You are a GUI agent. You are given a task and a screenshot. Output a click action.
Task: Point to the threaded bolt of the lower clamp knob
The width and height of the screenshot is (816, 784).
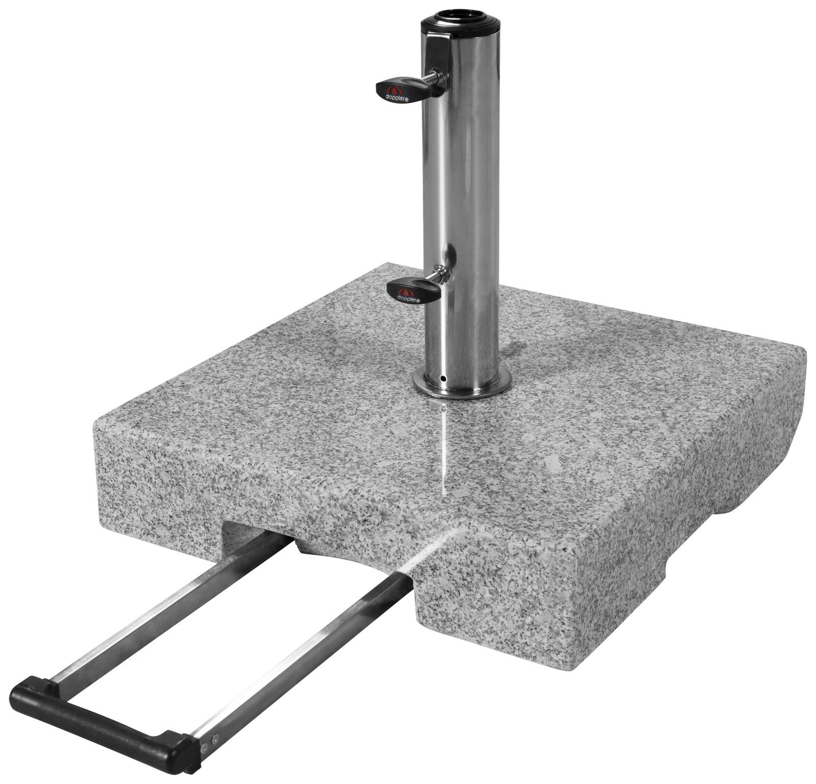438,276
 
